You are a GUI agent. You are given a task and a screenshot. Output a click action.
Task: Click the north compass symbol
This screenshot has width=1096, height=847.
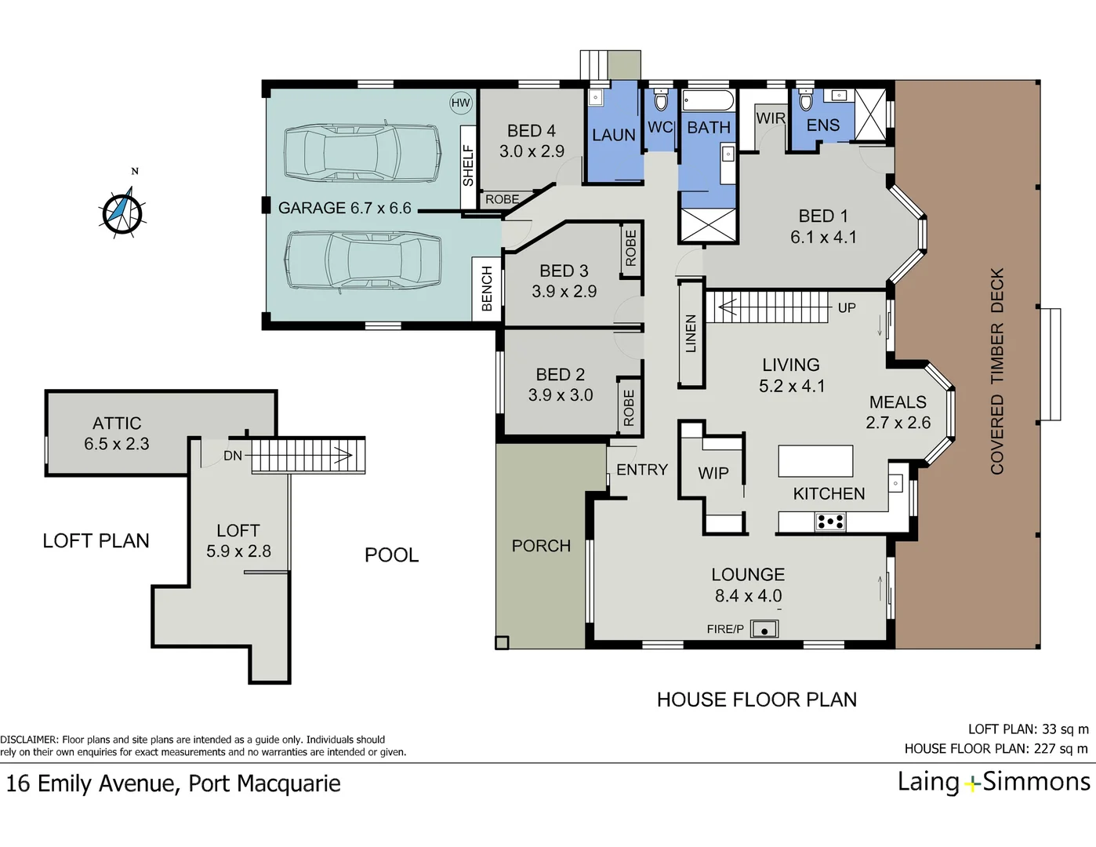point(123,210)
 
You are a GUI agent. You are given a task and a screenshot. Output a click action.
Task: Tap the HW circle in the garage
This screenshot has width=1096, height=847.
point(460,103)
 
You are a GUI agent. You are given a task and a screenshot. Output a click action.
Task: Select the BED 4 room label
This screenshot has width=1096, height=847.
point(531,131)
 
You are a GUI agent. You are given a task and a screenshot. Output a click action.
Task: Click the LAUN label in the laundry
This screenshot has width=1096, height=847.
point(613,135)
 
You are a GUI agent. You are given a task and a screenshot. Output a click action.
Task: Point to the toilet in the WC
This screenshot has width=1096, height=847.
point(660,101)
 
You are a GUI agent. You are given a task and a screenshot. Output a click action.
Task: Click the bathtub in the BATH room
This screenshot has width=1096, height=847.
point(707,101)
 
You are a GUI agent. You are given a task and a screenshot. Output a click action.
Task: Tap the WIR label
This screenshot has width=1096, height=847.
point(770,118)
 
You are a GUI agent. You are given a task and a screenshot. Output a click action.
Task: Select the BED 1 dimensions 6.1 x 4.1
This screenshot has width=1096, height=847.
point(823,237)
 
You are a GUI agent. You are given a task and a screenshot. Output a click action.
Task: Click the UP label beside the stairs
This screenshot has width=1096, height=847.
point(847,308)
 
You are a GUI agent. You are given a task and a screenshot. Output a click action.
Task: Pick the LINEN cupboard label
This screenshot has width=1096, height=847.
point(691,333)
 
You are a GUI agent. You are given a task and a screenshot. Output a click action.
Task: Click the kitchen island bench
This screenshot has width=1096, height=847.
point(815,461)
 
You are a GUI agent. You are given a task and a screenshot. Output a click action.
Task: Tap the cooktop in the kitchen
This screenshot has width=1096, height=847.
point(829,521)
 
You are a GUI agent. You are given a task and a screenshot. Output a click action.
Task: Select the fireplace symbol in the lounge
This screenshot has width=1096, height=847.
point(764,629)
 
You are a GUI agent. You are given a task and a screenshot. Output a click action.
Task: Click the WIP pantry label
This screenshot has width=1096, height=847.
point(713,474)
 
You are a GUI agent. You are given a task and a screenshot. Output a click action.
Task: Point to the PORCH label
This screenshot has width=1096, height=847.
point(541,546)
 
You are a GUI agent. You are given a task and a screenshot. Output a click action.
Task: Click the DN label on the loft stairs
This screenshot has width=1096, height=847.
point(233,456)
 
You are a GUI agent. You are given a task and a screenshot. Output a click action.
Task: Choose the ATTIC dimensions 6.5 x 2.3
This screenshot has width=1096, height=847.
point(117,444)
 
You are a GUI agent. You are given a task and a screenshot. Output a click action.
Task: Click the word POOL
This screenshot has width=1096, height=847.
point(391,555)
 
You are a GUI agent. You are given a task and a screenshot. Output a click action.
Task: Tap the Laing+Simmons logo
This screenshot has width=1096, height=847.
point(993,782)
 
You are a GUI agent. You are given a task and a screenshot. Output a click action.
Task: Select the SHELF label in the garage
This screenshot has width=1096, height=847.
point(468,165)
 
